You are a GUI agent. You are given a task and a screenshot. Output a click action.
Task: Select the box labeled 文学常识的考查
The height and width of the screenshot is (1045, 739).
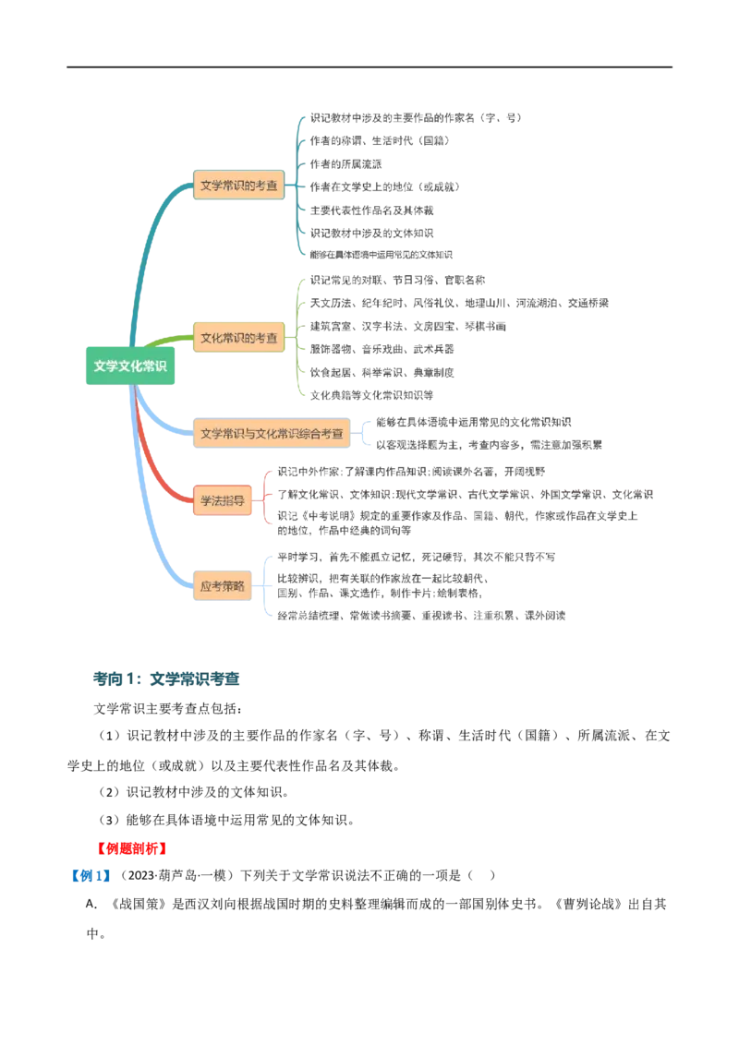coord(238,186)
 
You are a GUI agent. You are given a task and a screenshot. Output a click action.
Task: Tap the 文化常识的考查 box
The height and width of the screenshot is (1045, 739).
coord(238,338)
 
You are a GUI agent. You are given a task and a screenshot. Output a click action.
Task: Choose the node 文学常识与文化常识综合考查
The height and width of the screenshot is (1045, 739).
coord(272,433)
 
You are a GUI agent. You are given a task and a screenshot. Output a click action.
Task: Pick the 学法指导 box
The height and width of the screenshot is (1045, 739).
coord(223,501)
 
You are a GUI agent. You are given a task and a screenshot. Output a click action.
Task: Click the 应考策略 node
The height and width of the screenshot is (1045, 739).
coord(223,586)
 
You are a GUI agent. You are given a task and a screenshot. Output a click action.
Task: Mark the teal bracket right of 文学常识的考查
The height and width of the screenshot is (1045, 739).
coord(299,186)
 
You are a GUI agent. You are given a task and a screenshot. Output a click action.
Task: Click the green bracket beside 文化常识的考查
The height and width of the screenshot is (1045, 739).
coord(299,338)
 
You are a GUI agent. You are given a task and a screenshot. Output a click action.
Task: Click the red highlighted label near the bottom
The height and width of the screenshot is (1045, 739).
coord(132,847)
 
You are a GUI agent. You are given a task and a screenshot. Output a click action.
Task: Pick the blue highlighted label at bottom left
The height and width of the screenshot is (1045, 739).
coord(90,874)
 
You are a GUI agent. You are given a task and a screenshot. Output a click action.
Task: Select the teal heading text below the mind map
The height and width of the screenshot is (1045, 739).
coord(166,679)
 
